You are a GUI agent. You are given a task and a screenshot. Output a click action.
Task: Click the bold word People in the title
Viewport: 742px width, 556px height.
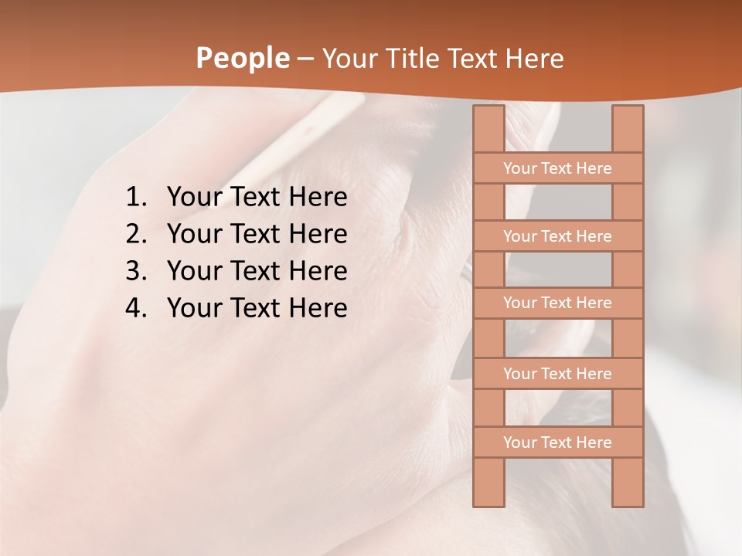(x=243, y=58)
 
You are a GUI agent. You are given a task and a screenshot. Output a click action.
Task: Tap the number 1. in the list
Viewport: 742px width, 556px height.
(x=135, y=198)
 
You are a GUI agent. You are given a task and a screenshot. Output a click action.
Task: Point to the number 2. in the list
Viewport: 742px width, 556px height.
(x=135, y=234)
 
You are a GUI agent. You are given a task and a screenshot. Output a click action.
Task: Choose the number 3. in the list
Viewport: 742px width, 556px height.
(x=135, y=271)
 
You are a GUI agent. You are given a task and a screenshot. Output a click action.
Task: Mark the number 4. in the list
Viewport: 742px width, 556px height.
(x=135, y=308)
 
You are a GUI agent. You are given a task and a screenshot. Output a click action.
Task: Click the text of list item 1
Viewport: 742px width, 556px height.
(x=257, y=198)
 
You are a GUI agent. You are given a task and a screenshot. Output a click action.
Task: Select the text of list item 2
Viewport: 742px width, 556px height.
(x=257, y=234)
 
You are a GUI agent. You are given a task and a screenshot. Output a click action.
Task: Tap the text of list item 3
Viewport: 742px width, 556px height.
(x=257, y=271)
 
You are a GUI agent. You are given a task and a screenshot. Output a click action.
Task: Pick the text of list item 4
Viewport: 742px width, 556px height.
(x=257, y=308)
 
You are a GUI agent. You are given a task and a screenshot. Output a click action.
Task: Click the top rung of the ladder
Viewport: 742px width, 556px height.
(x=557, y=168)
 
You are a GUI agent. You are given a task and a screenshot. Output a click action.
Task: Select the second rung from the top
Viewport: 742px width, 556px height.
(x=557, y=236)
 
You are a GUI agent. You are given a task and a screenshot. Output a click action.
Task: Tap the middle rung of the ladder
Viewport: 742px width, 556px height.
(x=557, y=303)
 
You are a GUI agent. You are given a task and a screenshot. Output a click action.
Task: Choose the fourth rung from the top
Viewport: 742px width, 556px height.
(x=557, y=374)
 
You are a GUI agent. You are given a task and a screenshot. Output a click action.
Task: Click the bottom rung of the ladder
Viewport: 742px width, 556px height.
(x=557, y=442)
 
